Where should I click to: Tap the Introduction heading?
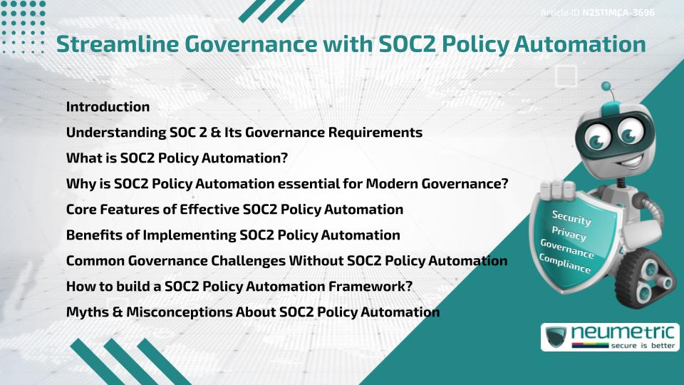pyautogui.click(x=108, y=107)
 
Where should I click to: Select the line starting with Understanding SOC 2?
pyautogui.click(x=244, y=133)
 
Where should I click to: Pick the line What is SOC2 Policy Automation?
pyautogui.click(x=177, y=158)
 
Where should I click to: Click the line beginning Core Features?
pyautogui.click(x=234, y=210)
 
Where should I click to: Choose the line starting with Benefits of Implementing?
pyautogui.click(x=233, y=235)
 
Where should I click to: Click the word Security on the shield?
pyautogui.click(x=571, y=217)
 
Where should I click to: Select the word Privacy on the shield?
pyautogui.click(x=569, y=234)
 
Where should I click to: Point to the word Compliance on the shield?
pyautogui.click(x=565, y=264)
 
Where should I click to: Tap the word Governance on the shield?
pyautogui.click(x=566, y=249)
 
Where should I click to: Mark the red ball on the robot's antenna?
pyautogui.click(x=608, y=88)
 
